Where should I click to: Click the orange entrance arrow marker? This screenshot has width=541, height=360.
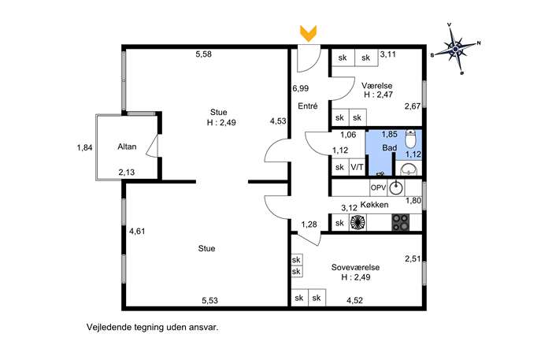point(308,34)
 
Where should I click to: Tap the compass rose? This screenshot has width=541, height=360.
point(456,49)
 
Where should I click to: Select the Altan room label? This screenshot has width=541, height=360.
point(127,147)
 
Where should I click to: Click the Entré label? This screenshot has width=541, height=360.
point(307,106)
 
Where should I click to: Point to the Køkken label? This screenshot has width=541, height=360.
point(374,204)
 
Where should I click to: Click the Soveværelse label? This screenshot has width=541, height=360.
point(355,267)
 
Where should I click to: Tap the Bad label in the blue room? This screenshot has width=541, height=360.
point(390,148)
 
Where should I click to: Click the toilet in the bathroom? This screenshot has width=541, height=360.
point(410,139)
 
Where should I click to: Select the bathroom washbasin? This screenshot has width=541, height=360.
point(409,169)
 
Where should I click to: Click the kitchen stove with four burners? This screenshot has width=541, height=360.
point(401,222)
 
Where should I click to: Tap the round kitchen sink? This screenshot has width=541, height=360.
point(396,187)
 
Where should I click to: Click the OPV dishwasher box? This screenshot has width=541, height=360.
point(378,187)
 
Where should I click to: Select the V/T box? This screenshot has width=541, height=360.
point(357,167)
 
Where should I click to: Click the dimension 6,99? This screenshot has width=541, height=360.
point(301,88)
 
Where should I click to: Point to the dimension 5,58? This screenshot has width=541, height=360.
point(204,54)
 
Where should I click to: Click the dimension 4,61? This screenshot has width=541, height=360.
point(137,232)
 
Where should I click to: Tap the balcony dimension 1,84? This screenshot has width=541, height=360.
point(84,148)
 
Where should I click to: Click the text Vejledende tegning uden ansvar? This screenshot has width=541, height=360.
point(153,327)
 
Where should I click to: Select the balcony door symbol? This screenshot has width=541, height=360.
point(152,146)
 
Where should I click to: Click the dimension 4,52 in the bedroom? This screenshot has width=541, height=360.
point(354,300)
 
